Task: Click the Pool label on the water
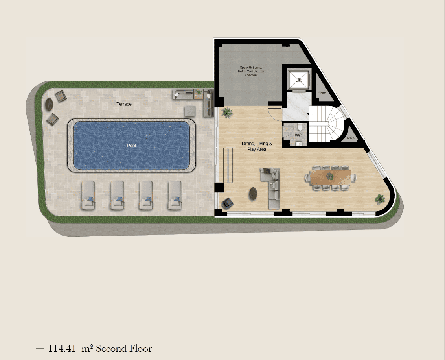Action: click(131, 146)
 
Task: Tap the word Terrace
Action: click(124, 104)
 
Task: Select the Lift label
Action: click(298, 80)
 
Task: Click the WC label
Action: click(298, 135)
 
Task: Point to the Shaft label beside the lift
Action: click(322, 93)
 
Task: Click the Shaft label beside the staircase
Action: click(351, 138)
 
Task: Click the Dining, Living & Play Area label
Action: click(257, 146)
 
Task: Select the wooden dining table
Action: click(330, 177)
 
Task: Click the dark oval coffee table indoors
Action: click(253, 194)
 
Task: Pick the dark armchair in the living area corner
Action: click(228, 203)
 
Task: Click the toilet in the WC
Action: click(300, 127)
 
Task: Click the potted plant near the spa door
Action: click(227, 113)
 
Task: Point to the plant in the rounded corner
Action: click(380, 199)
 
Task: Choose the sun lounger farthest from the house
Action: click(88, 195)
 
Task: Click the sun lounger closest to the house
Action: click(175, 195)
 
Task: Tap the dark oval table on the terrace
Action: click(49, 104)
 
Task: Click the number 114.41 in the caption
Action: click(62, 348)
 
